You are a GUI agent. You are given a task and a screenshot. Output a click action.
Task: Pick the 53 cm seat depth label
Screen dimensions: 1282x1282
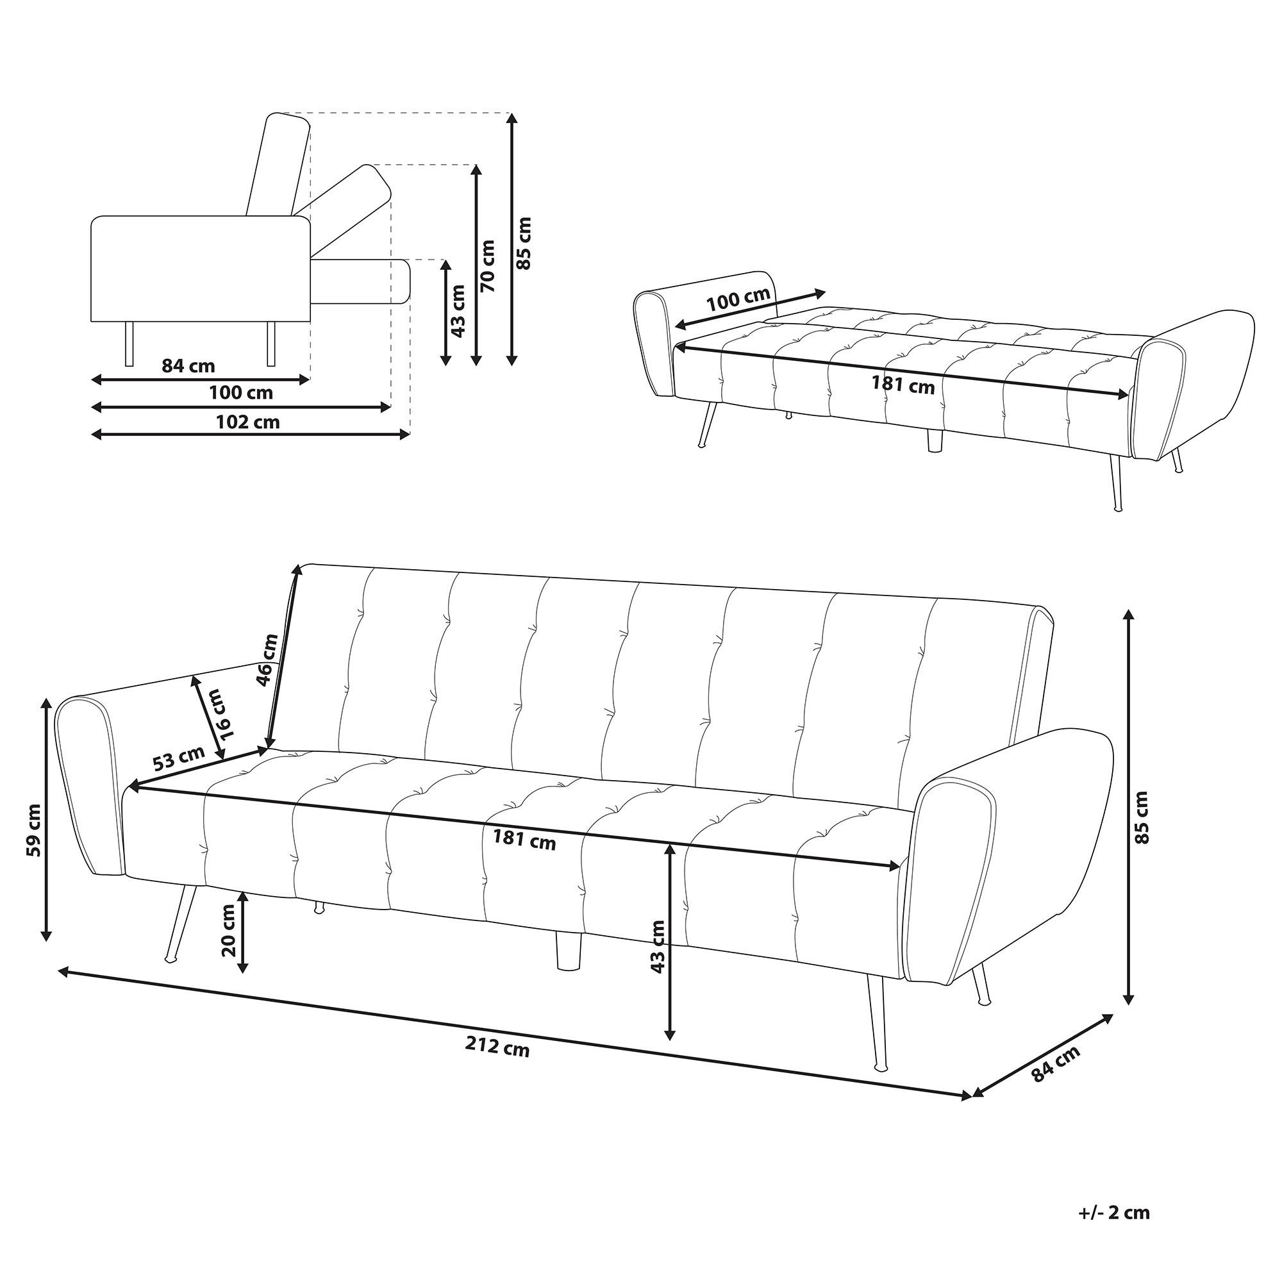point(177,758)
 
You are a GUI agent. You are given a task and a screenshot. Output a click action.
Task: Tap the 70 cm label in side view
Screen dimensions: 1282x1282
point(488,265)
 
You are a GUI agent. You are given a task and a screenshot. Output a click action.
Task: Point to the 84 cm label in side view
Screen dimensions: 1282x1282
point(188,365)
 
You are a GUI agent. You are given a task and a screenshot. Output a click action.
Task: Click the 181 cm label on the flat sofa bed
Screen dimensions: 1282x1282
point(903,384)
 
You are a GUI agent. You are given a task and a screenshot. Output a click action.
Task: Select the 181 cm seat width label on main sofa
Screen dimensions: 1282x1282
point(524,841)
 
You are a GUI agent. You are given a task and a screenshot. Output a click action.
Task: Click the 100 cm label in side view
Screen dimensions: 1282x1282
point(241,393)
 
